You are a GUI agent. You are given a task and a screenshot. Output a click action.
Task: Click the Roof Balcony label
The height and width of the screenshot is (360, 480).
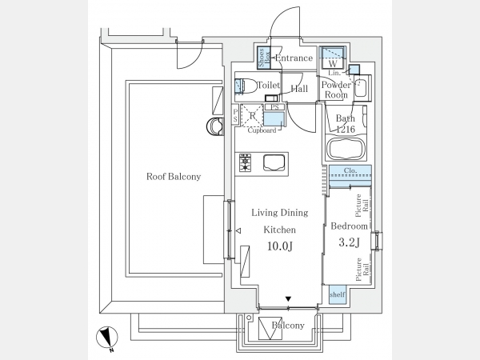pos(173,177)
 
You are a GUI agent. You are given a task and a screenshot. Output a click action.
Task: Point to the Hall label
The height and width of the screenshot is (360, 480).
pos(300,89)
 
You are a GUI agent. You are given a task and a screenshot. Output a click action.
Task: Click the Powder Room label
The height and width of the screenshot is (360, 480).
pos(335,90)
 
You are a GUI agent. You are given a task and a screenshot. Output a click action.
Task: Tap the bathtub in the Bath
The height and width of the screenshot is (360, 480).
pos(346,149)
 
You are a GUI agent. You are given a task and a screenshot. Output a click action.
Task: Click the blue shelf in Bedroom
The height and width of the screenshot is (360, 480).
pos(337,294)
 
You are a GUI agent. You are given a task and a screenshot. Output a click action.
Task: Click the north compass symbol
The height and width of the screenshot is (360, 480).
pos(108,339)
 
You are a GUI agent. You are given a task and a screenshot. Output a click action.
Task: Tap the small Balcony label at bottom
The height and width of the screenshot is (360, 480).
pos(287,326)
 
